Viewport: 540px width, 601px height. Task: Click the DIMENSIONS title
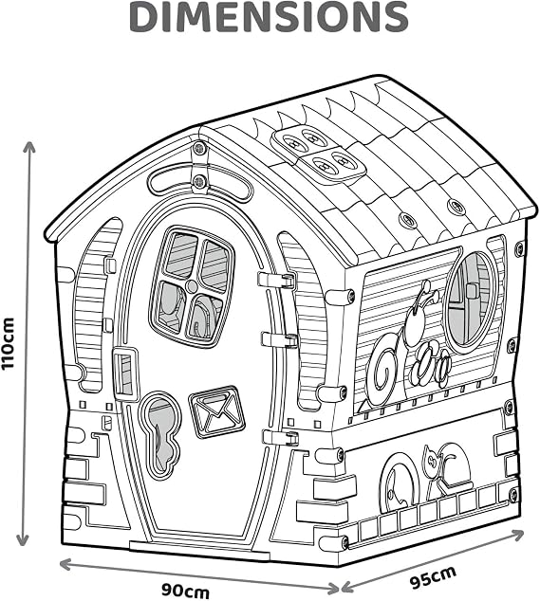(269, 17)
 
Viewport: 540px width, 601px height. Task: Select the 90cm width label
(185, 591)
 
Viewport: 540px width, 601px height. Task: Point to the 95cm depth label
(433, 576)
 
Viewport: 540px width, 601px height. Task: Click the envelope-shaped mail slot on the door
(217, 411)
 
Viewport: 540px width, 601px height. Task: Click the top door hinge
(276, 280)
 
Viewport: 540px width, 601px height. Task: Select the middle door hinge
(279, 339)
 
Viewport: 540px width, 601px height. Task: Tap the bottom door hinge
(281, 437)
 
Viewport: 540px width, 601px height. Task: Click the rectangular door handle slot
(124, 373)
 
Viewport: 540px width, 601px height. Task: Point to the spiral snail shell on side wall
(384, 366)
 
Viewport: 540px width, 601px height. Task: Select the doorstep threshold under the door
(199, 546)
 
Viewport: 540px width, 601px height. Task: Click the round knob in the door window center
(191, 285)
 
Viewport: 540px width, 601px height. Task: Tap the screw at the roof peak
(199, 148)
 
